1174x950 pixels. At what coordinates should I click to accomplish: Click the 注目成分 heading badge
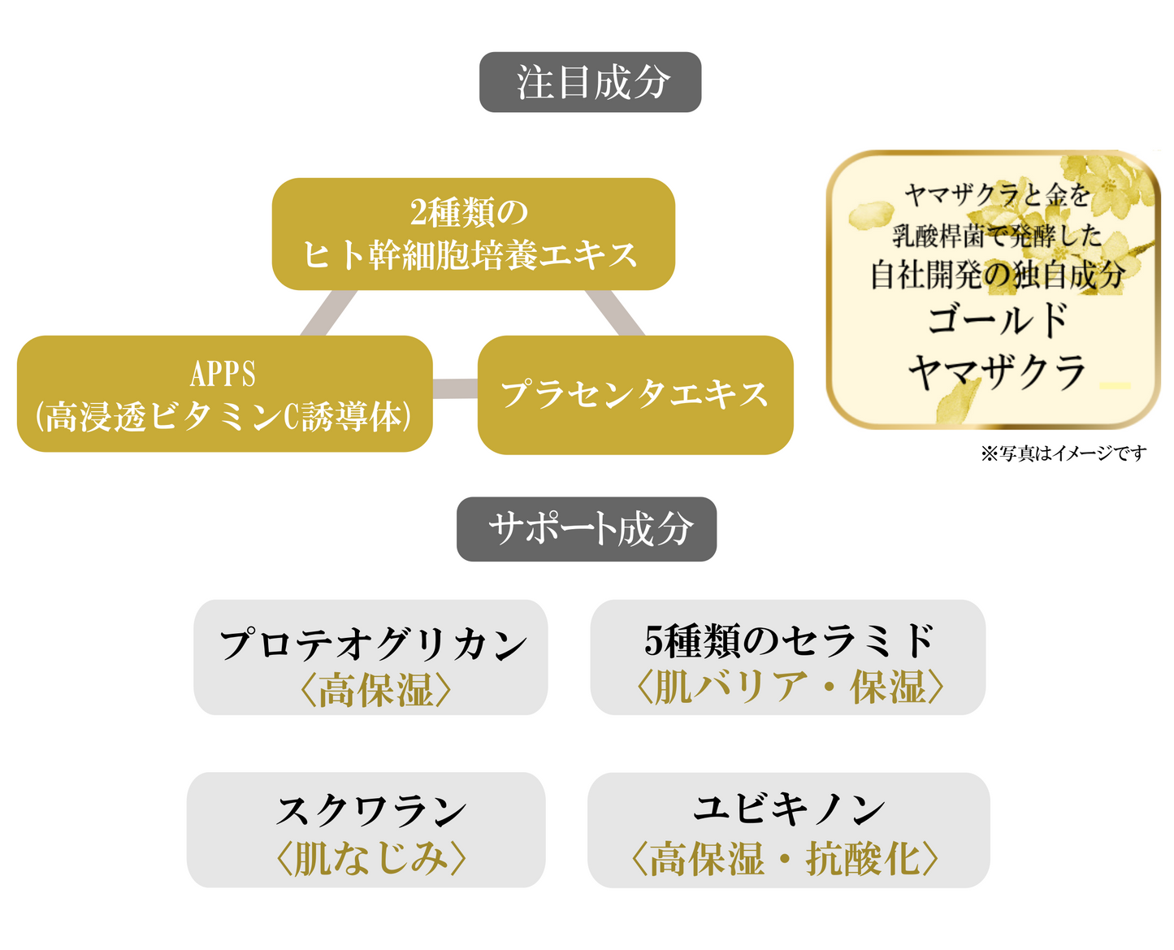pos(590,82)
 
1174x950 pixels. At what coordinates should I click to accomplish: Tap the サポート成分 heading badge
pos(587,529)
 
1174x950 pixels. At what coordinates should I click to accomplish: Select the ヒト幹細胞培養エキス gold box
pos(473,234)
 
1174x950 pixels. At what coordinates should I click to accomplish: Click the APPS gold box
pos(224,394)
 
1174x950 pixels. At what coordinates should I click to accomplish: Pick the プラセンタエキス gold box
pos(635,394)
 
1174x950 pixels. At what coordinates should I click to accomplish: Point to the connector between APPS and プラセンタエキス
pos(455,388)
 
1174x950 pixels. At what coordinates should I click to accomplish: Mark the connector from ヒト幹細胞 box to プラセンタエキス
pos(614,313)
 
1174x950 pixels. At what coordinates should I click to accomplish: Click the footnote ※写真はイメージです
pos(1064,453)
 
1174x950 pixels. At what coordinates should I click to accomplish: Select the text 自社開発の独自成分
pos(998,275)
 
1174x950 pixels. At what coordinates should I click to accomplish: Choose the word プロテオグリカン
pos(373,644)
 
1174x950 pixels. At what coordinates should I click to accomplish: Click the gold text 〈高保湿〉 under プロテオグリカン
pos(375,690)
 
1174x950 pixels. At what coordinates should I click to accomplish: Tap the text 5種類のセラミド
pos(788,640)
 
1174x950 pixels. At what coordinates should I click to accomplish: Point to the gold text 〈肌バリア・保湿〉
pos(789,687)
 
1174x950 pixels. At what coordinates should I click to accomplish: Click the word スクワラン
pos(370,810)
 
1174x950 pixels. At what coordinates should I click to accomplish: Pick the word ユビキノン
pos(788,809)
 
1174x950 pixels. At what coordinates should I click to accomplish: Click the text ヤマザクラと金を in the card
pos(997,196)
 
